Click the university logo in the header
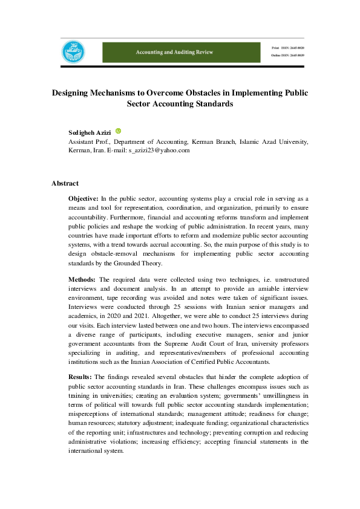coord(72,52)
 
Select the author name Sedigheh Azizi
coord(90,132)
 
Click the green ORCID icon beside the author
coord(119,131)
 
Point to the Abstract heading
coord(65,183)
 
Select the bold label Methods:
coord(82,279)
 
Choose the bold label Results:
coord(80,377)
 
